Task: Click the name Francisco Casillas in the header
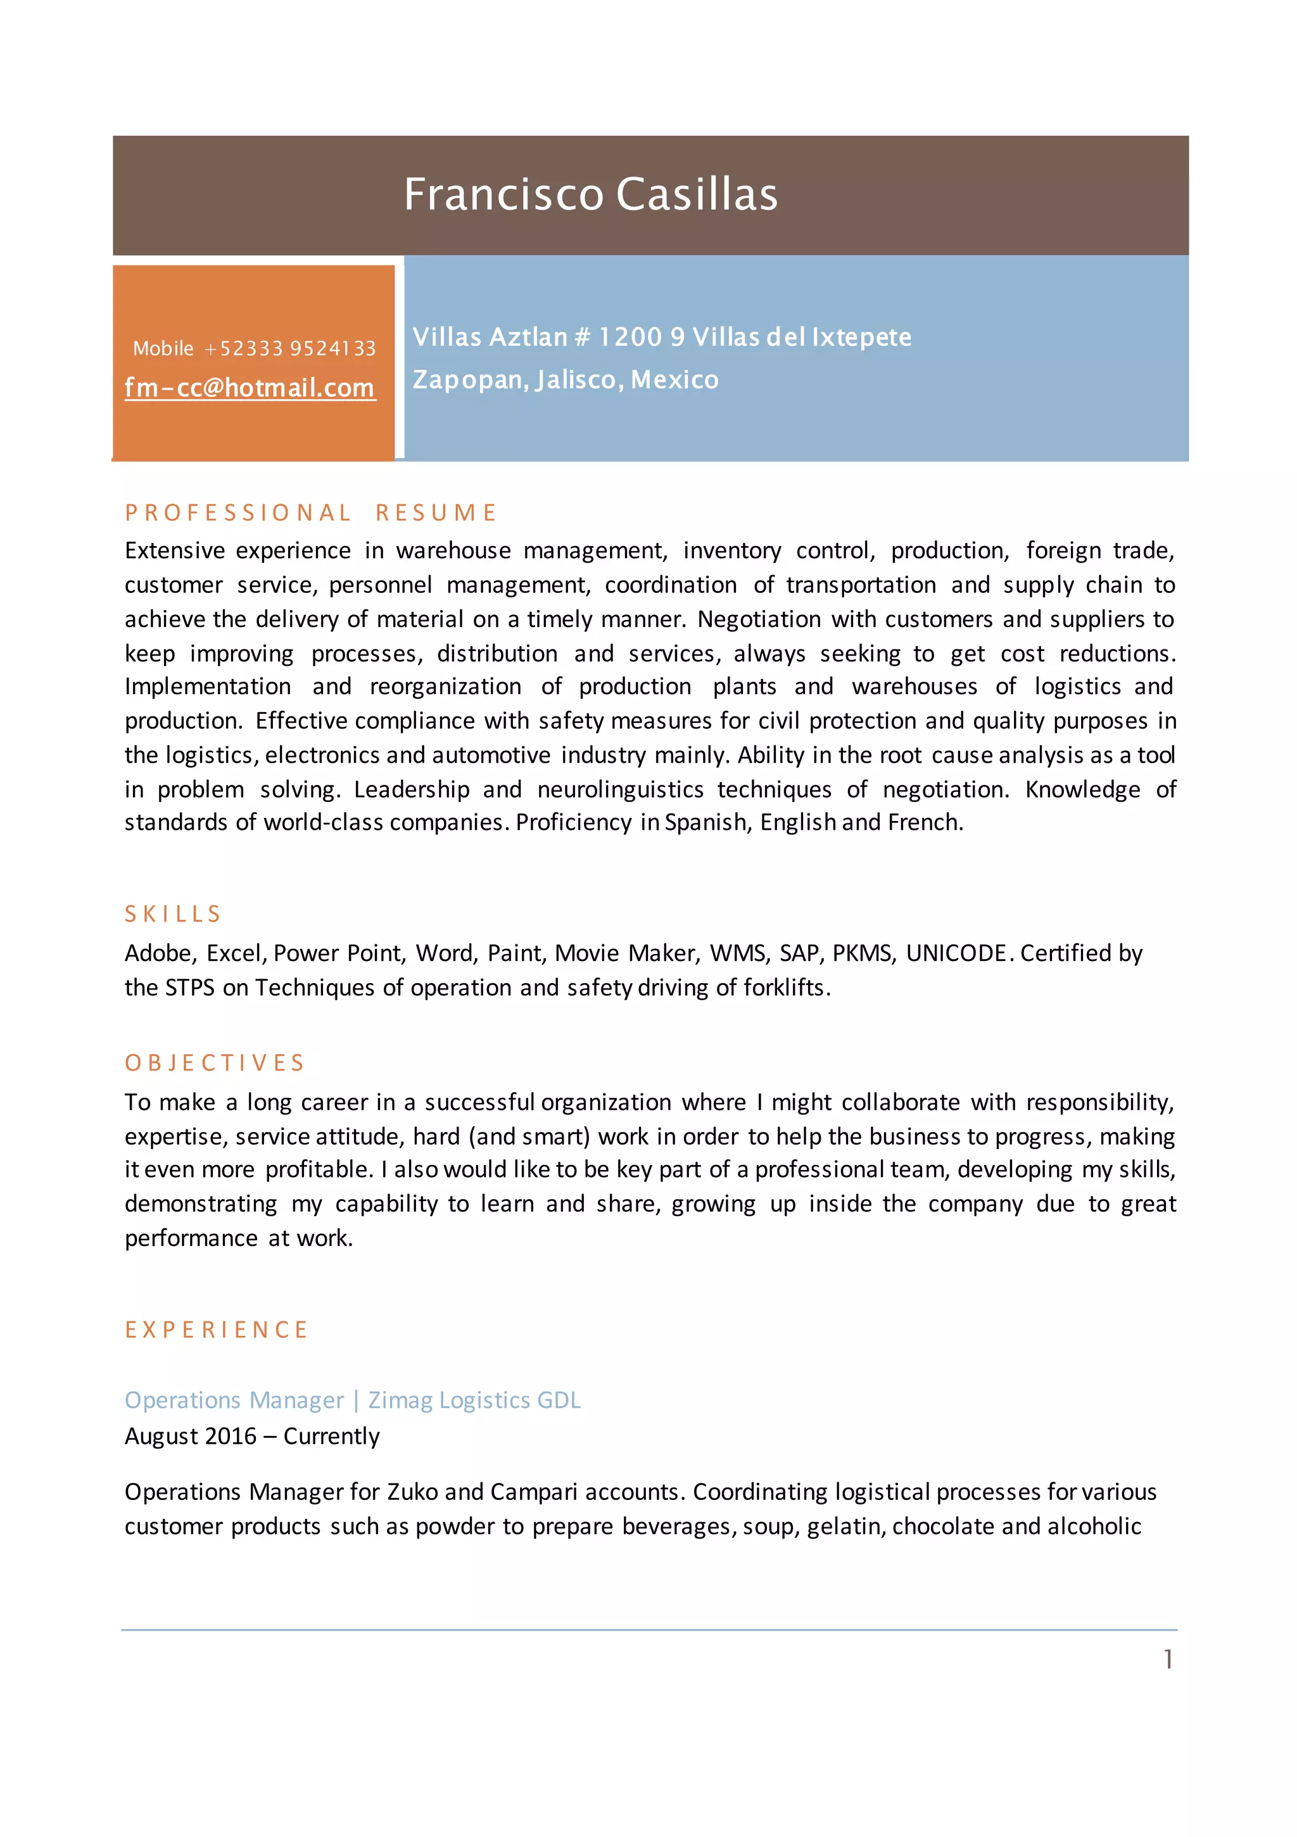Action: point(590,194)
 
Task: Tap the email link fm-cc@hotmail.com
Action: point(250,388)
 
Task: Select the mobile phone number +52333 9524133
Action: point(289,349)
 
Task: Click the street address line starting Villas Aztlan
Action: point(662,337)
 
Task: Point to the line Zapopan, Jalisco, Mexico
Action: point(566,379)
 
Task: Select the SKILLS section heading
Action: point(173,913)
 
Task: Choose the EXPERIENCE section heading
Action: point(216,1330)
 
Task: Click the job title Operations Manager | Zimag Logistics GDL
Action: point(353,1400)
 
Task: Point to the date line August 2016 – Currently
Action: point(252,1436)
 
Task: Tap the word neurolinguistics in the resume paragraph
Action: point(620,790)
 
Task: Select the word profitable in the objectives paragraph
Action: point(318,1170)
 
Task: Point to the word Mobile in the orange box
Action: point(163,349)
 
